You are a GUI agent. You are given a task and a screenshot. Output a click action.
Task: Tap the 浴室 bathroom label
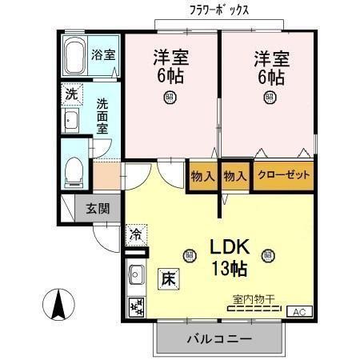(103, 56)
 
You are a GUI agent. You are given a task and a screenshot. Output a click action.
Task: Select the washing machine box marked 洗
(71, 93)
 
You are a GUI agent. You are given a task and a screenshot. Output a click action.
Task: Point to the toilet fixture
(74, 170)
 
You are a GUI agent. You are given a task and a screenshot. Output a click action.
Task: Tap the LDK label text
(231, 246)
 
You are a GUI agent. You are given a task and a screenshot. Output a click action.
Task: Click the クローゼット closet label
(284, 175)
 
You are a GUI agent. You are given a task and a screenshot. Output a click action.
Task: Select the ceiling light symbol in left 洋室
(170, 97)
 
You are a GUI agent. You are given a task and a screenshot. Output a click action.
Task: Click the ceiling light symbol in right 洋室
(269, 97)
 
